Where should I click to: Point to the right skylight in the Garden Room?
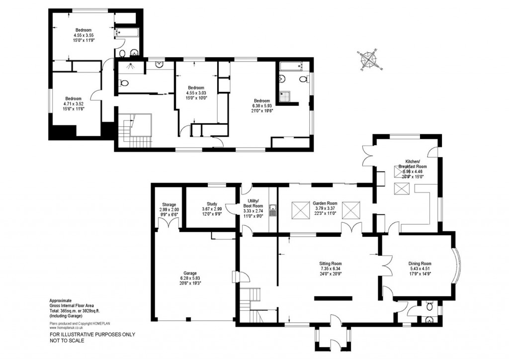coord(351,210)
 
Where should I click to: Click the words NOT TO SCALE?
coord(67,341)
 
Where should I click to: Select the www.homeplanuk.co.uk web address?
coord(68,328)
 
